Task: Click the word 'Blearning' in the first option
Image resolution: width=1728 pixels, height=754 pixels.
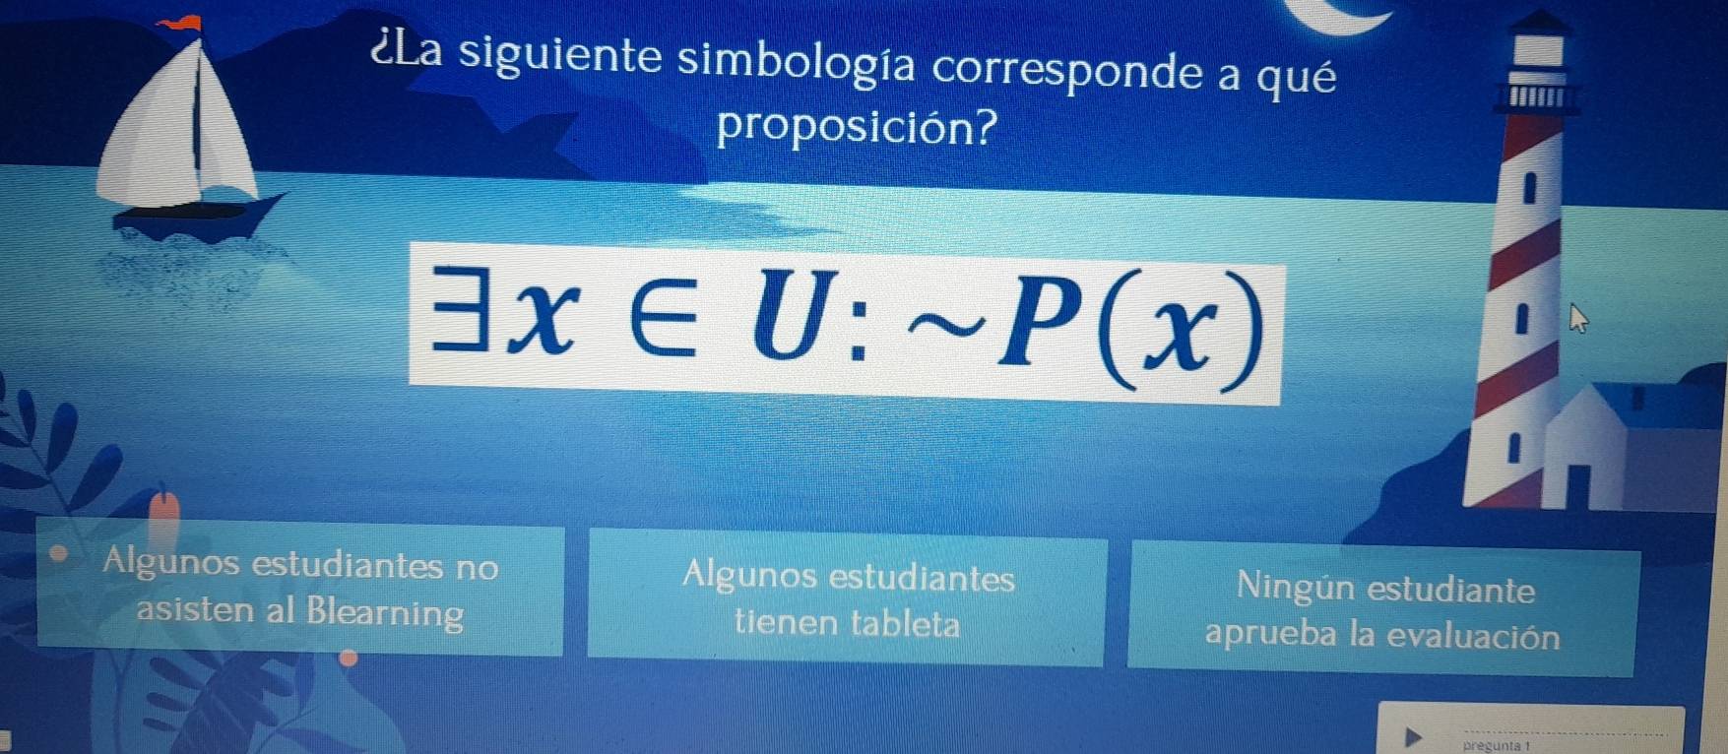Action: coord(384,612)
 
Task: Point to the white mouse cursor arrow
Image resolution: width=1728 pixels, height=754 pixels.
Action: coord(1577,319)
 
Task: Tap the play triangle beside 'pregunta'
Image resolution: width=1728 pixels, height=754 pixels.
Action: coord(1413,735)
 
